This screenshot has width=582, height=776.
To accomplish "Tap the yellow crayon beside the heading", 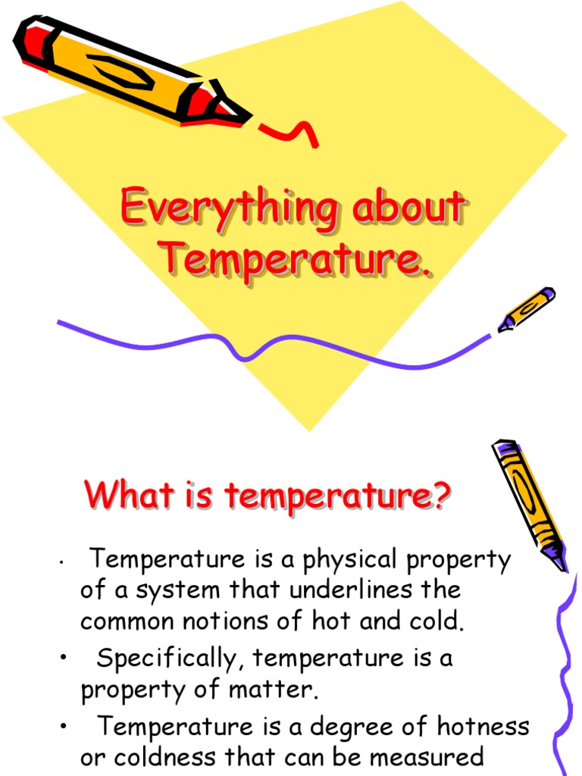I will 528,503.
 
